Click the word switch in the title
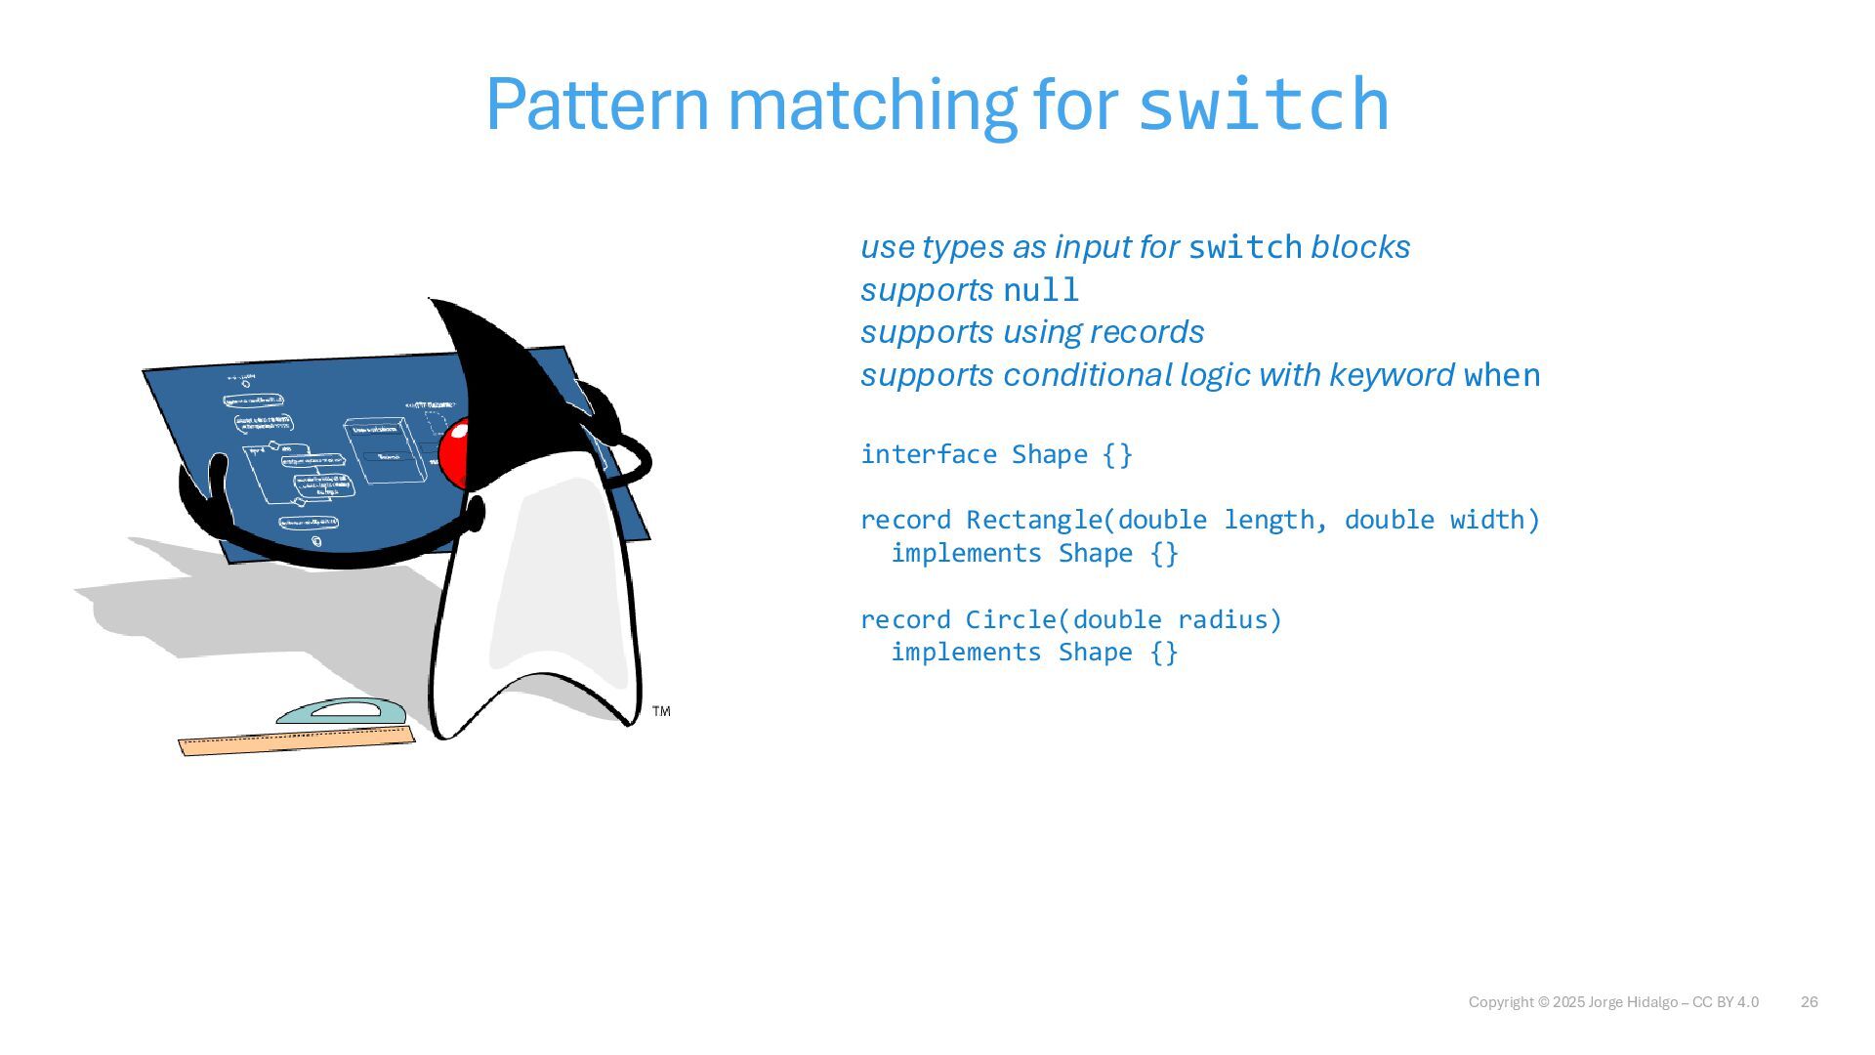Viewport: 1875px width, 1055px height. click(x=1263, y=104)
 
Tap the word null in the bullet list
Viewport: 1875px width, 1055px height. click(x=1041, y=290)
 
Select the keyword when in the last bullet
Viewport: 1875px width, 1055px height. click(x=1502, y=375)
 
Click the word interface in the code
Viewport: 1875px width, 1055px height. click(x=928, y=454)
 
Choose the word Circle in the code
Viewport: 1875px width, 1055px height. click(x=1011, y=619)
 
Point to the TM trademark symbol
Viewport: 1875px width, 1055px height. click(x=661, y=711)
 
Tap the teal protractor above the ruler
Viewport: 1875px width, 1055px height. click(x=341, y=711)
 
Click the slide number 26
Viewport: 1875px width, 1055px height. click(x=1809, y=1002)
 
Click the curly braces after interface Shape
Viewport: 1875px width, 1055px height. click(x=1117, y=454)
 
